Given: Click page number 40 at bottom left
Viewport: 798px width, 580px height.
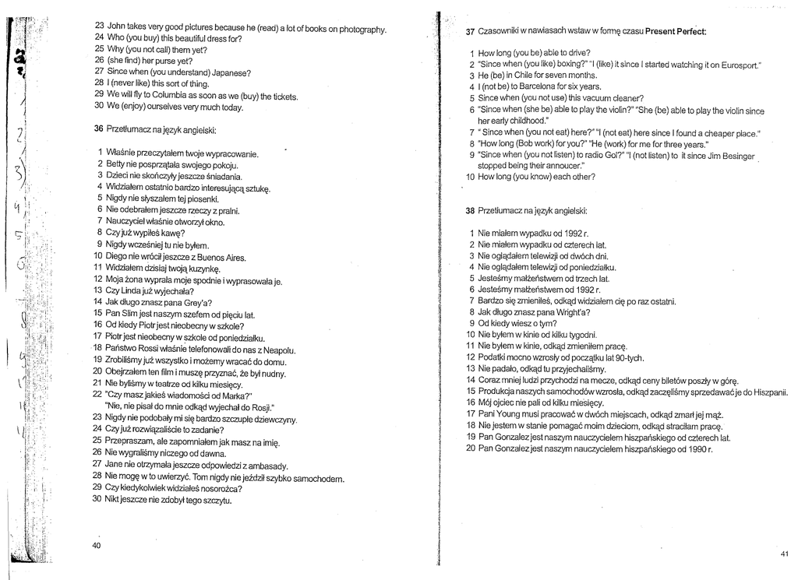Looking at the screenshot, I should click(x=97, y=546).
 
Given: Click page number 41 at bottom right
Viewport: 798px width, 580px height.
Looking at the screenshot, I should click(x=783, y=552).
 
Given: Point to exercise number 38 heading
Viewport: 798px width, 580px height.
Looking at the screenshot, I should click(x=470, y=210).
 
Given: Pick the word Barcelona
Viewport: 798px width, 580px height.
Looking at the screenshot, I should click(x=538, y=86).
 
